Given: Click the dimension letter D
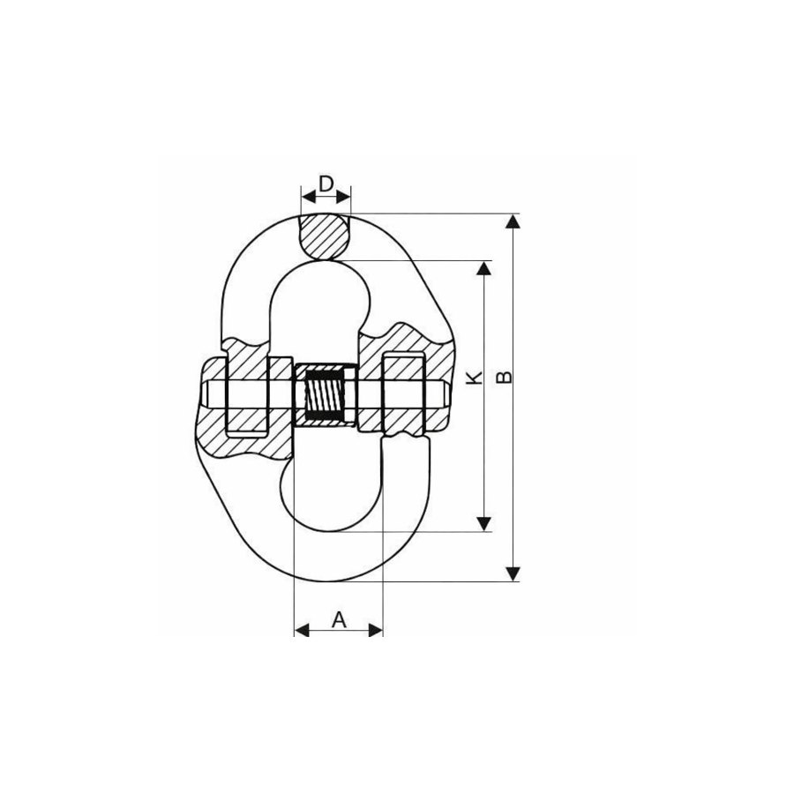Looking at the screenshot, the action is [326, 184].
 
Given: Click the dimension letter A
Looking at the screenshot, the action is [339, 619].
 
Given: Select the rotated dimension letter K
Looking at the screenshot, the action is [475, 377].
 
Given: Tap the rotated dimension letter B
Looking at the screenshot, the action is [504, 377].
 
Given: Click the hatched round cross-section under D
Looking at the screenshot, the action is [324, 236].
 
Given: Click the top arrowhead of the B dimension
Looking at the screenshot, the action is [513, 221].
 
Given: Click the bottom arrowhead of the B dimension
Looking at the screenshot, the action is [513, 573].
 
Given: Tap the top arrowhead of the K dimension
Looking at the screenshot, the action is [484, 268].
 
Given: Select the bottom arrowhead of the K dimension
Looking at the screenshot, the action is [484, 524].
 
